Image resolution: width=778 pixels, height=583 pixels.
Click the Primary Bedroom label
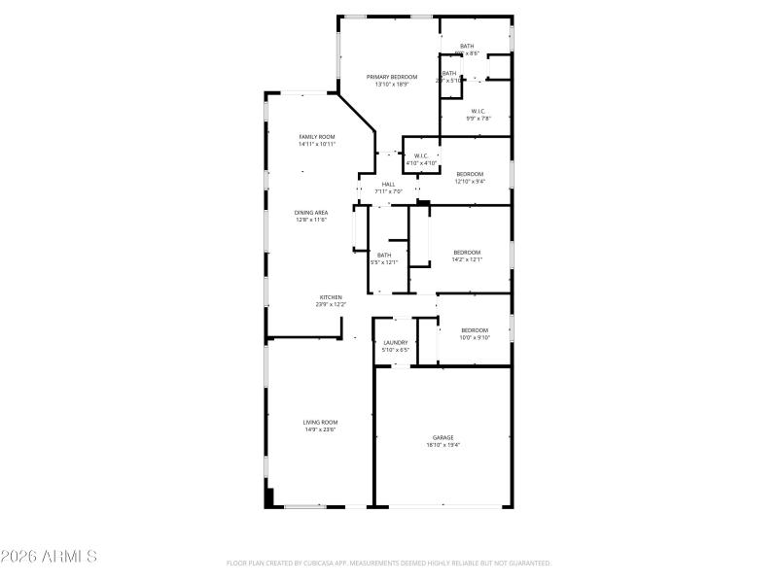point(392,77)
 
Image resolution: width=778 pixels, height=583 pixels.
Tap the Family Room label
point(317,137)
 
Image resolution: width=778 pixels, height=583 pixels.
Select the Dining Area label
point(311,212)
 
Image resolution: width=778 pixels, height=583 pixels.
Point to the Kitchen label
point(331,297)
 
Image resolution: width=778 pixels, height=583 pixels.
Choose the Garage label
point(443,437)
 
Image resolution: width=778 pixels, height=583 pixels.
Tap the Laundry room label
point(396,342)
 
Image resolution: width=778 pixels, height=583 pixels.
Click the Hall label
point(388,185)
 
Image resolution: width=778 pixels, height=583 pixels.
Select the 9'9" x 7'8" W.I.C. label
point(478,111)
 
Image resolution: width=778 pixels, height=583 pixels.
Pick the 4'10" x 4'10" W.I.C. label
point(421,155)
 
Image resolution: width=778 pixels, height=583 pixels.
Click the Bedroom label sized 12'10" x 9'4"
point(470,174)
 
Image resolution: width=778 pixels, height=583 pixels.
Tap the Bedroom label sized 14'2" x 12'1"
point(467,253)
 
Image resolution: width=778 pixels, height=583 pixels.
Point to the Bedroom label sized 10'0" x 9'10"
point(475,330)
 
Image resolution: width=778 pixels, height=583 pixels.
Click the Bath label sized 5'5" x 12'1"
point(384,255)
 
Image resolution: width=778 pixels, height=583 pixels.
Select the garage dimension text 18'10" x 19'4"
point(443,445)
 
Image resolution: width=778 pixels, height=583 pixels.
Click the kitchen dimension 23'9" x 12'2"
point(331,304)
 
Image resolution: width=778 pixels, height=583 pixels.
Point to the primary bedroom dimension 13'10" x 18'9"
point(392,85)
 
